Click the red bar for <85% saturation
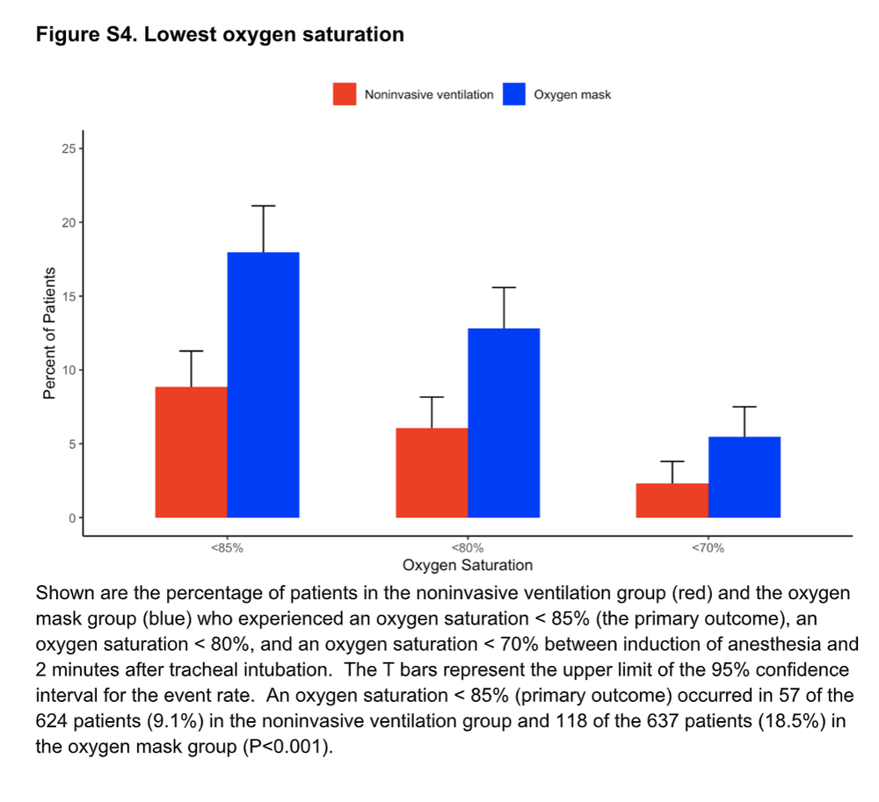191,452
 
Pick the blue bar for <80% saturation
504,423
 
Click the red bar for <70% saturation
672,500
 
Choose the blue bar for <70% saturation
745,477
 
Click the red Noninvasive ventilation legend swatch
345,94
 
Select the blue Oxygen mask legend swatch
513,94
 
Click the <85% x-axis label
226,547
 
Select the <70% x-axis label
708,547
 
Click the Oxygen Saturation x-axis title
468,565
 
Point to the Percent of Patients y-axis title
49,333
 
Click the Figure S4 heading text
220,35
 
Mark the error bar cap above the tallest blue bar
263,206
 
